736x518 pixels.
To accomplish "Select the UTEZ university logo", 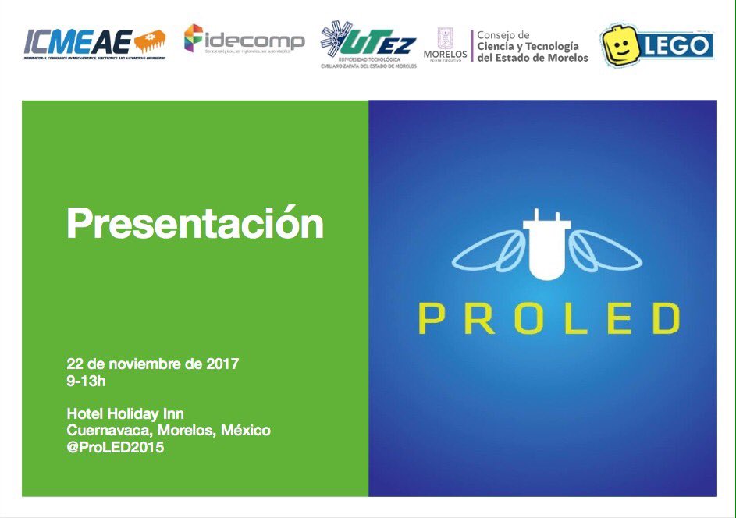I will tap(368, 44).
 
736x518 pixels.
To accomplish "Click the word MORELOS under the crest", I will tap(445, 54).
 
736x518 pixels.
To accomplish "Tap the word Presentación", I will tap(194, 224).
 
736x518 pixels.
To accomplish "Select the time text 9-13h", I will tap(87, 382).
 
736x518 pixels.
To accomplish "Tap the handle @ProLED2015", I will tap(116, 448).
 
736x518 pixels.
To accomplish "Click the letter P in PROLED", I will tap(432, 319).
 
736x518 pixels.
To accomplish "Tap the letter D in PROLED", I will tap(665, 319).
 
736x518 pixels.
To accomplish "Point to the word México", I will tap(247, 431).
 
